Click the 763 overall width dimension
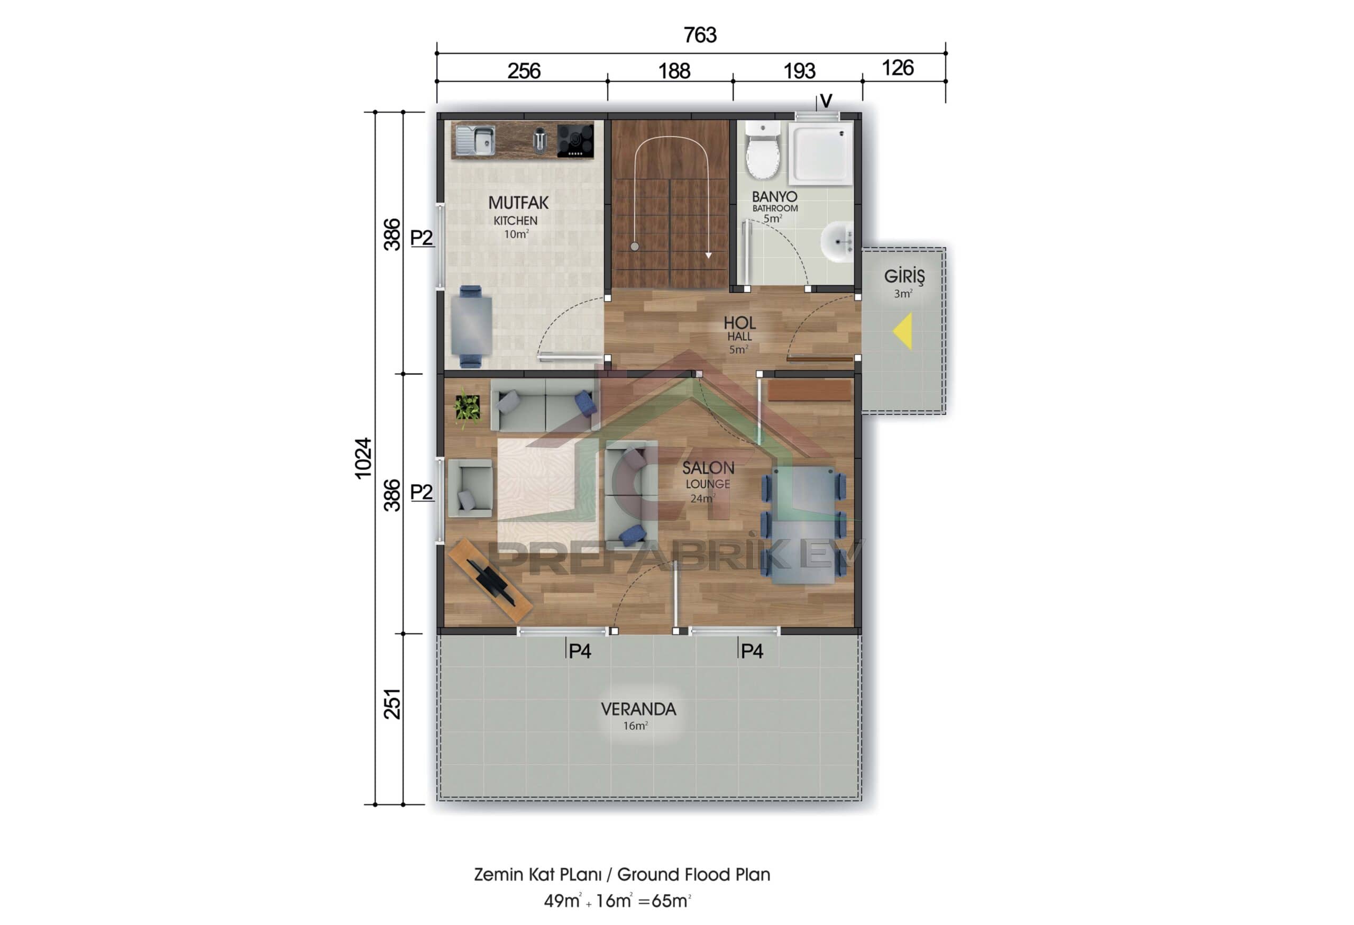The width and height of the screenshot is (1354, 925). [x=700, y=35]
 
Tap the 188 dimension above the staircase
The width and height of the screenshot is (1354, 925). [x=674, y=71]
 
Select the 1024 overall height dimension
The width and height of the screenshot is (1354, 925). [x=363, y=458]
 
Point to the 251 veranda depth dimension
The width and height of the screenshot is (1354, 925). [x=392, y=703]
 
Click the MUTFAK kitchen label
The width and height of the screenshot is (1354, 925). [x=518, y=203]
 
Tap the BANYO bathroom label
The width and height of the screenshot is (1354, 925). [x=774, y=197]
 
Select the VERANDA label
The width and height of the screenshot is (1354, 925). [x=638, y=709]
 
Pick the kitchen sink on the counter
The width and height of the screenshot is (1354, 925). [x=475, y=140]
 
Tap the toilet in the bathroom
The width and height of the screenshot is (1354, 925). [x=763, y=153]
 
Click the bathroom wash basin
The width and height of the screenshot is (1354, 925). [x=837, y=241]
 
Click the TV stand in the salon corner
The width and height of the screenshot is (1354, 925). [x=490, y=579]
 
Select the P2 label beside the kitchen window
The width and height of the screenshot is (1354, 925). [x=421, y=238]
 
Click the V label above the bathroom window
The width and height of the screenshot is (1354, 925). [x=826, y=102]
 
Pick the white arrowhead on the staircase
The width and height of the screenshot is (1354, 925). [x=708, y=255]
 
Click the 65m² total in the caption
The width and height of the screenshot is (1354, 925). [x=670, y=901]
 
